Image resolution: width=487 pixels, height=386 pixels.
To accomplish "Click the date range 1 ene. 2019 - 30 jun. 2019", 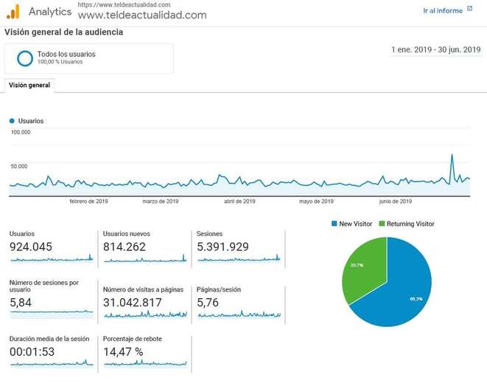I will coord(435,50).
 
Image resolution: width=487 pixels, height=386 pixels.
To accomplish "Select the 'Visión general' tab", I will coord(29,86).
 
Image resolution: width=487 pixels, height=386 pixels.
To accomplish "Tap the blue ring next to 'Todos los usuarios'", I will coord(25,58).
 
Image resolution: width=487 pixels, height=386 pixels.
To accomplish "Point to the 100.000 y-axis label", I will coord(21,133).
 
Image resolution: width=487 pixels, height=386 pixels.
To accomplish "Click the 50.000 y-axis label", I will coord(19,166).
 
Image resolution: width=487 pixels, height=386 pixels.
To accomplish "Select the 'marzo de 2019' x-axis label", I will coord(161,201).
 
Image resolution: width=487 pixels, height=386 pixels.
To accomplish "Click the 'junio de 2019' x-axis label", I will coord(396,201).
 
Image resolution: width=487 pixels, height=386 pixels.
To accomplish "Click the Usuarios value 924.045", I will coord(31,247).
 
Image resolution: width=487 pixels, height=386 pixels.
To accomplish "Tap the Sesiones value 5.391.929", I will coord(223,247).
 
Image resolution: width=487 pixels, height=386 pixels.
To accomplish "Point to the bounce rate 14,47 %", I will coord(123,352).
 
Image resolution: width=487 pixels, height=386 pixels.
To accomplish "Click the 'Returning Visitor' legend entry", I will coord(406,224).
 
